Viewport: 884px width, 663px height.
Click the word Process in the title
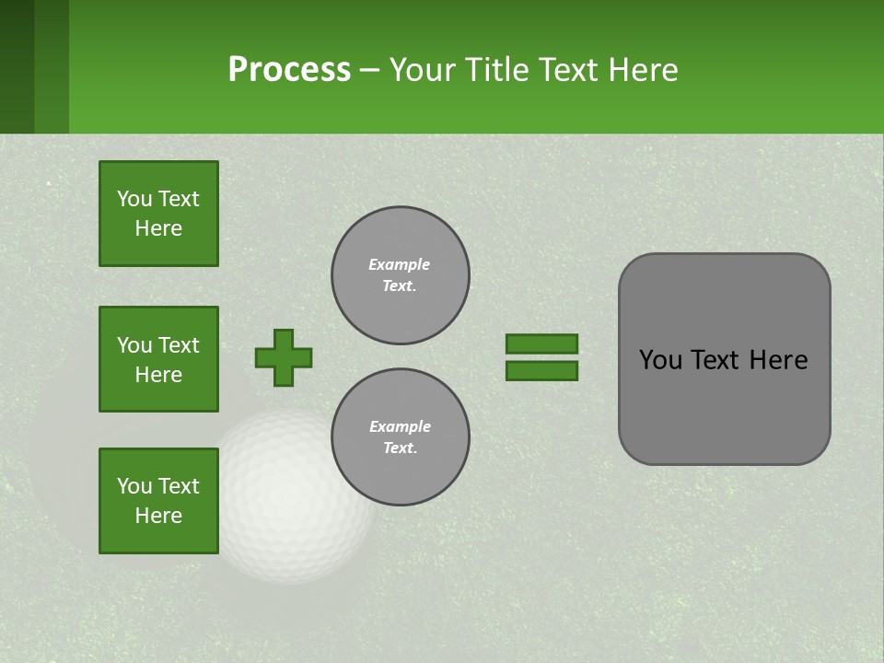click(289, 70)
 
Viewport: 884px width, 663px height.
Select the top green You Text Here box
click(158, 214)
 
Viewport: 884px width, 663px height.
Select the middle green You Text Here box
click(158, 359)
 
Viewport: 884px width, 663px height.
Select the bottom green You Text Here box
click(158, 501)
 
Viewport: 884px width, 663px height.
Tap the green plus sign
click(284, 357)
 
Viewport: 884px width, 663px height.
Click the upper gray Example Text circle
click(400, 275)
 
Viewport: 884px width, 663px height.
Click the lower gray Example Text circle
click(400, 437)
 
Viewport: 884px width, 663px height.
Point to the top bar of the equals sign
click(541, 343)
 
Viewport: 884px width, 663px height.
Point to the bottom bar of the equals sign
click(541, 371)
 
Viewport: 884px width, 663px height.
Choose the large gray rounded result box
click(724, 359)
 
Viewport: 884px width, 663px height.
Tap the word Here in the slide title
click(642, 70)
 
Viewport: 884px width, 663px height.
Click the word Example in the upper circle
click(400, 264)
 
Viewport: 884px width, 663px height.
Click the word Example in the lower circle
click(400, 426)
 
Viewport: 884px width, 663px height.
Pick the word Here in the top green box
click(158, 228)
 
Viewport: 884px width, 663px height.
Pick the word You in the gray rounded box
click(659, 360)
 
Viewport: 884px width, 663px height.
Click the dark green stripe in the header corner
click(17, 66)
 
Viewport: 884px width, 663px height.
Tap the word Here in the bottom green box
click(158, 516)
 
